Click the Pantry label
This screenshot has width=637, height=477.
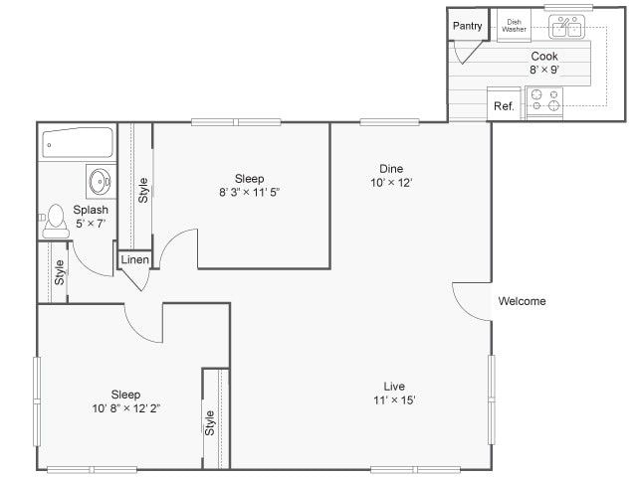468,26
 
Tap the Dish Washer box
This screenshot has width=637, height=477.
514,26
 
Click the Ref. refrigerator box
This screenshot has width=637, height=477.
504,105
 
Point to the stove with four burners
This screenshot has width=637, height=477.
544,101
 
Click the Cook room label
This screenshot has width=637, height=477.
544,57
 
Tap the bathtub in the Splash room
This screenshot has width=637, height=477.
79,146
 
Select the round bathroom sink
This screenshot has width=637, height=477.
100,182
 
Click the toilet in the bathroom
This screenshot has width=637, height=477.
55,220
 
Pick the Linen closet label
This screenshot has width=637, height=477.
134,260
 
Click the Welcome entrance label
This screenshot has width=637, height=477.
522,301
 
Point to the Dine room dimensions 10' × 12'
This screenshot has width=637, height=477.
391,183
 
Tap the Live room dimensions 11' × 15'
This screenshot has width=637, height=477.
394,400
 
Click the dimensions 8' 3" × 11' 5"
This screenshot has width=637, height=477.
249,193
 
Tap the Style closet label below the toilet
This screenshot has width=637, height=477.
60,271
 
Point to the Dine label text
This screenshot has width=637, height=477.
391,168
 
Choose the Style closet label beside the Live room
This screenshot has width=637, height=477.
210,423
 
